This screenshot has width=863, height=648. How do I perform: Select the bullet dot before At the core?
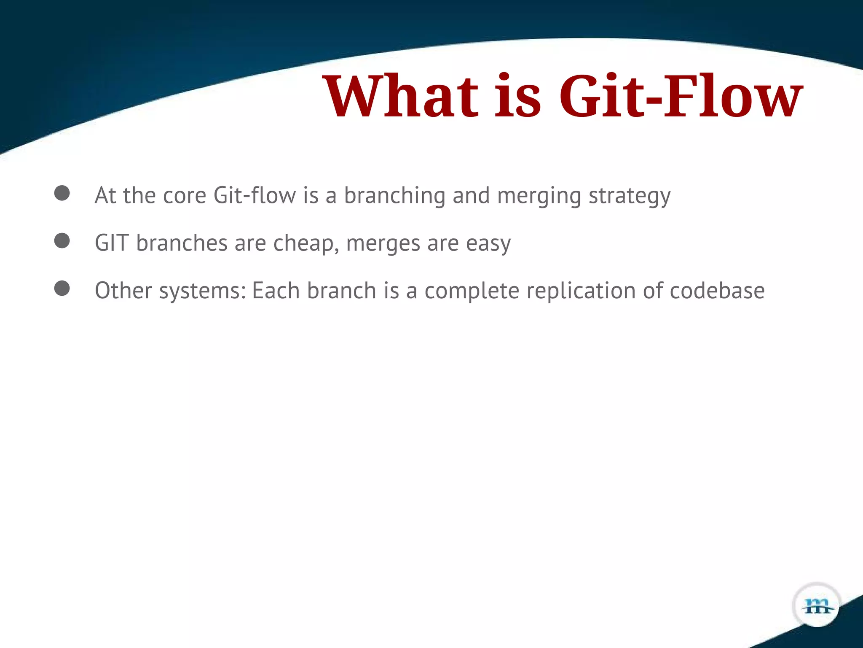pos(62,193)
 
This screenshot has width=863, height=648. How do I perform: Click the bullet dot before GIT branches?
pos(62,241)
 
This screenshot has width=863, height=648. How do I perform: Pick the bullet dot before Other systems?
pos(62,289)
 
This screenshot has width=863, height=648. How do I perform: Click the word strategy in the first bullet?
pos(629,197)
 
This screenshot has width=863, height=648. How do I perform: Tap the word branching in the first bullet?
pos(394,197)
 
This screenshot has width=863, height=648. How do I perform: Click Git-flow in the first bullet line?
pos(255,196)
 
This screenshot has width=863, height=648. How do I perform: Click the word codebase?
pos(717,291)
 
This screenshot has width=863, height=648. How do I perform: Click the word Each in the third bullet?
pos(276,291)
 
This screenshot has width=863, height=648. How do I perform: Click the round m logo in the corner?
pos(817,605)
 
